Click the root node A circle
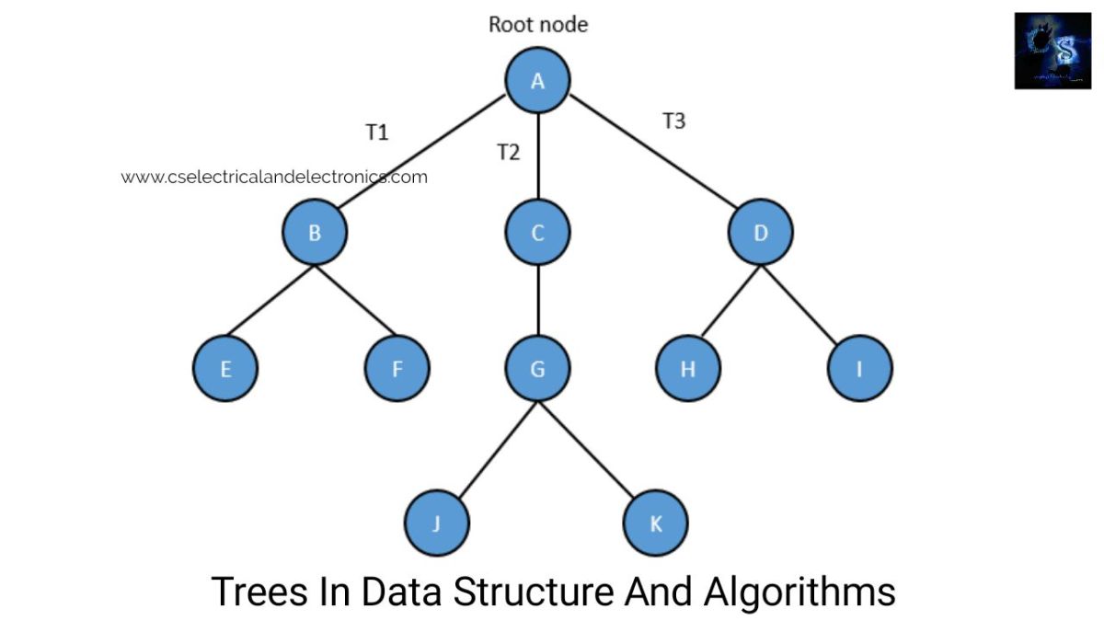click(538, 81)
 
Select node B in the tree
click(315, 233)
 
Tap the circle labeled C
click(538, 233)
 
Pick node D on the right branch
click(761, 233)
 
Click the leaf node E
click(225, 369)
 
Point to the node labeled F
click(397, 369)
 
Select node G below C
click(538, 369)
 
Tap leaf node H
click(688, 369)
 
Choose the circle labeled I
click(859, 369)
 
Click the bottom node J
click(436, 523)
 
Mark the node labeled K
click(655, 523)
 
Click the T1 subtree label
click(377, 132)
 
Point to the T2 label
click(508, 153)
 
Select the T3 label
click(674, 121)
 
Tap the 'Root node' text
click(538, 25)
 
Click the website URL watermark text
click(274, 177)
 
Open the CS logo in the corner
click(1052, 51)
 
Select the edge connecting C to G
click(538, 301)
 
